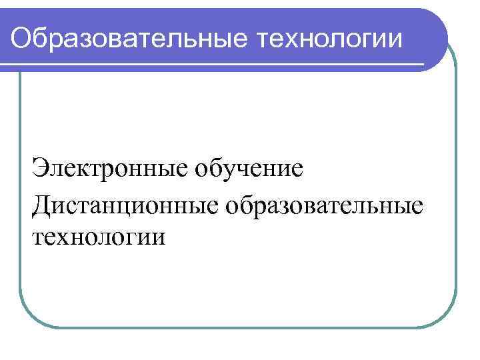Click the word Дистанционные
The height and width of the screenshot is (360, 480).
click(x=123, y=205)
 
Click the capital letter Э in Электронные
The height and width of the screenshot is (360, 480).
click(x=39, y=167)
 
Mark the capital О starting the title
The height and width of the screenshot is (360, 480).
click(x=22, y=38)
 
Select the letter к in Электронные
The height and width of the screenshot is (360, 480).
click(x=76, y=169)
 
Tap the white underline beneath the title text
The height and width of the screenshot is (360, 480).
click(x=213, y=64)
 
